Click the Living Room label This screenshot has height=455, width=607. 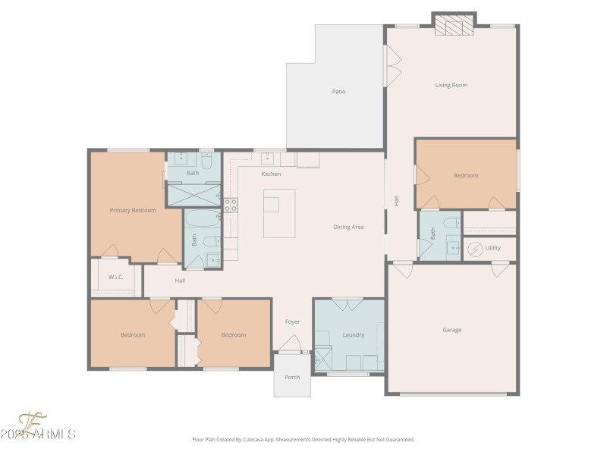coord(451,85)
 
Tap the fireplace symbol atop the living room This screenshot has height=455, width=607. coord(453,28)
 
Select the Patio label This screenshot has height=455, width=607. coord(338,92)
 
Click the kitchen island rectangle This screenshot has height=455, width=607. coord(279,213)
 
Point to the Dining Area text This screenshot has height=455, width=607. coord(348,227)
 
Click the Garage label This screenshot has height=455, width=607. coord(452,330)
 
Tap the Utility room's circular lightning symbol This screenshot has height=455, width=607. coord(474,248)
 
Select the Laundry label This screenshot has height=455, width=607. coord(354,334)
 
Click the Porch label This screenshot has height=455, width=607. coord(292,377)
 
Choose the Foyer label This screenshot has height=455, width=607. coord(292,322)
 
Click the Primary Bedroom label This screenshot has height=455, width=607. coord(133,210)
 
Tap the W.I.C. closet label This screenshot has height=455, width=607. coord(115,277)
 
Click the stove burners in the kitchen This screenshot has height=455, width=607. coord(231,204)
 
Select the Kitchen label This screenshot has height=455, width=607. coord(271,174)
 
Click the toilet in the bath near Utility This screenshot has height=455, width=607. coord(451,223)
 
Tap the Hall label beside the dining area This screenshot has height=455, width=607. coord(396,200)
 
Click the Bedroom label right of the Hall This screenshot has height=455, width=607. coord(466,175)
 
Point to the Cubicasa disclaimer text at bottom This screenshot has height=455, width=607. coord(303,439)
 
